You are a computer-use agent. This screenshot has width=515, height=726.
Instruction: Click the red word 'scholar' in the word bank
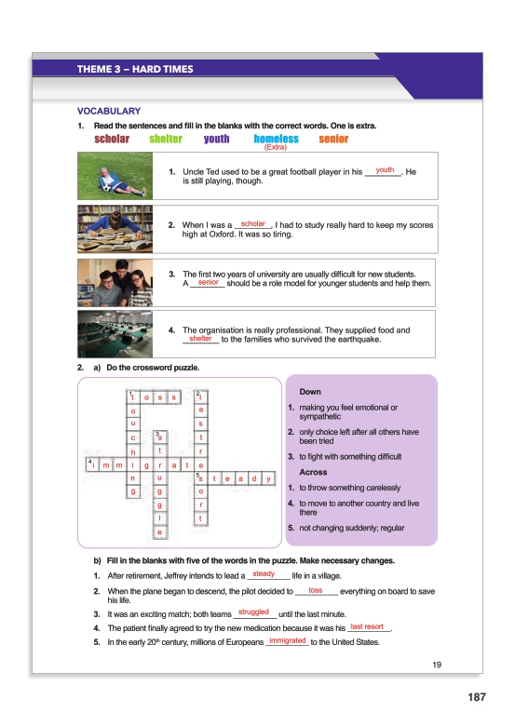(112, 139)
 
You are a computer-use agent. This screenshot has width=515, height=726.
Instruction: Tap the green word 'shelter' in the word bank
(166, 139)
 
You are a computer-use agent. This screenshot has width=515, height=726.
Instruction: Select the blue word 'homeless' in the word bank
(276, 139)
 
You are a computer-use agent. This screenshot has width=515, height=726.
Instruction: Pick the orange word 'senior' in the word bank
(333, 139)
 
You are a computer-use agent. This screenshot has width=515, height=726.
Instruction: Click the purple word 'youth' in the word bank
(216, 139)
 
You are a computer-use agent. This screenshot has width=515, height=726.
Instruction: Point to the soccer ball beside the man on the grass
(107, 188)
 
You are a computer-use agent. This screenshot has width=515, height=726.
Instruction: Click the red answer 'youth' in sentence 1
(385, 170)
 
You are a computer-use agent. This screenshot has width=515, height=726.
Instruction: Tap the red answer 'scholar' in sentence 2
(253, 223)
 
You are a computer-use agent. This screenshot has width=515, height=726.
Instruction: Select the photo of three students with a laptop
(115, 283)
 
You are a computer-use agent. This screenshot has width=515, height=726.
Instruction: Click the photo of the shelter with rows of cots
(115, 334)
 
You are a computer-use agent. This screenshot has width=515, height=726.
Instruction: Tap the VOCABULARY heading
(109, 111)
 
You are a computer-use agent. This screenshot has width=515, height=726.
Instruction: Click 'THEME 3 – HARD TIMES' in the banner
(135, 70)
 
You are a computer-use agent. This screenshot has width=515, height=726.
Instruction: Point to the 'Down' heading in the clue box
(310, 392)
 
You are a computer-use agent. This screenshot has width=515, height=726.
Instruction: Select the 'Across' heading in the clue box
(313, 472)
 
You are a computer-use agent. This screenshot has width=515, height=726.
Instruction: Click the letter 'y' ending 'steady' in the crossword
(268, 478)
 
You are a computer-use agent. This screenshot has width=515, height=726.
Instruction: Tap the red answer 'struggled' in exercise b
(253, 612)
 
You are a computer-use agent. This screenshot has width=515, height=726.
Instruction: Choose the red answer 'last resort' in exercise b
(367, 626)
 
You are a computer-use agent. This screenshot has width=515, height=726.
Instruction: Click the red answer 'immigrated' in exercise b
(288, 640)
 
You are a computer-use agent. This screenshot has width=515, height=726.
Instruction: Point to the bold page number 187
(477, 697)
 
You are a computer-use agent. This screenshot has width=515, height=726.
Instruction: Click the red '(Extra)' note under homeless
(276, 147)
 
